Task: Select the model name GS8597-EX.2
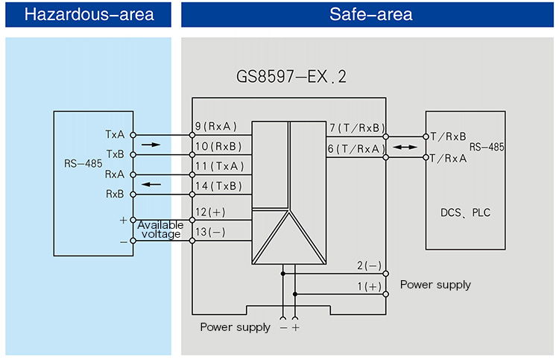pos(291,77)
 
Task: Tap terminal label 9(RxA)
pos(215,126)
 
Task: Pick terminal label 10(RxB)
pos(218,145)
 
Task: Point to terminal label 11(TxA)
pos(218,165)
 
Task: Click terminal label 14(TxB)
pos(218,184)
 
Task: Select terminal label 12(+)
pos(211,212)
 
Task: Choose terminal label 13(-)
pos(211,232)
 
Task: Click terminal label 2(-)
pos(368,265)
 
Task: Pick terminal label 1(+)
pos(368,285)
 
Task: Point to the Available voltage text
pos(160,230)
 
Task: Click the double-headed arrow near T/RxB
pos(405,148)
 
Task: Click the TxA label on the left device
pos(115,135)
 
